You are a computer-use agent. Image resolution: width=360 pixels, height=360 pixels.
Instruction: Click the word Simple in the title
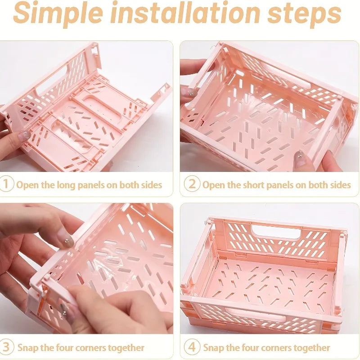tap(58, 14)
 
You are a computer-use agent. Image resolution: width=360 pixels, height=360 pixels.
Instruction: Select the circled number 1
tap(6, 184)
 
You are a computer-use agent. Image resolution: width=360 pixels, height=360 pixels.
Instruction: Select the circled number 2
tap(192, 184)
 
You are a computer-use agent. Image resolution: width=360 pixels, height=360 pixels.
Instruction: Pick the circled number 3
tap(6, 346)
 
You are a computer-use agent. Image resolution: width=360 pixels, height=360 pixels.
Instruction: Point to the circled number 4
tap(192, 347)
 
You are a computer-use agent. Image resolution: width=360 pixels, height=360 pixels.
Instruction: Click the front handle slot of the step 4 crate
tap(257, 315)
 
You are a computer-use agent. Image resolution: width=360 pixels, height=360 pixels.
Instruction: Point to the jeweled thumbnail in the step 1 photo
tap(25, 135)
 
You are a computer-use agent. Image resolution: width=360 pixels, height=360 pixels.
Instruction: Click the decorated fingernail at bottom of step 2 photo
tap(300, 158)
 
